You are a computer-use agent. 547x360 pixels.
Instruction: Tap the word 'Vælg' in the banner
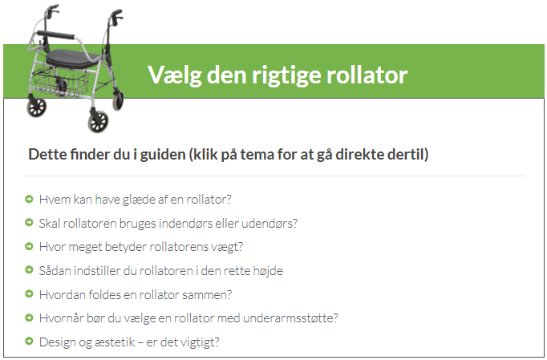175,75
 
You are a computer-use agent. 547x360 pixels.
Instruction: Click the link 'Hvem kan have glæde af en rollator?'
135,199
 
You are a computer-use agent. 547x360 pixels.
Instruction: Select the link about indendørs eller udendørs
168,223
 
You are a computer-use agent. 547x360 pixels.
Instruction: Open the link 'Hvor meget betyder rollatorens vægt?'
141,247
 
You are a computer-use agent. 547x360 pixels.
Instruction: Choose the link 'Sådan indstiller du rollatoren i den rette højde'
161,271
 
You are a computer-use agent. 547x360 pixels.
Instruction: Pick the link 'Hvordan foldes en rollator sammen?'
136,294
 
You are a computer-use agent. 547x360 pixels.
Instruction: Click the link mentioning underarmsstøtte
188,318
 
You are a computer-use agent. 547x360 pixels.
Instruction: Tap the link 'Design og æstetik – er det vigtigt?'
129,342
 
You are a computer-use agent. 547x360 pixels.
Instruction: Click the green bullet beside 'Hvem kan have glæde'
29,199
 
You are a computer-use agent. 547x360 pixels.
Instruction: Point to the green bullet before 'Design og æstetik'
29,342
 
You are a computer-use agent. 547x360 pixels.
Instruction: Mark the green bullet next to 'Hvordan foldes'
29,293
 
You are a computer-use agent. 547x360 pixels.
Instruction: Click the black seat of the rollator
72,59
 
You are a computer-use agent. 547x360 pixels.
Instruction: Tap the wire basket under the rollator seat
60,82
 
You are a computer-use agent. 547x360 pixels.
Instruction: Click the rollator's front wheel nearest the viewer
98,122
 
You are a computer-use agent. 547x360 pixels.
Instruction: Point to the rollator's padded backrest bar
56,35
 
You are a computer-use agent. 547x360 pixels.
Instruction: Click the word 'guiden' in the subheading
163,155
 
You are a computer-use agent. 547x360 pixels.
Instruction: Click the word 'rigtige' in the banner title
286,75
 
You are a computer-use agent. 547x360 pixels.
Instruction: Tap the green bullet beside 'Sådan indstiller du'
29,270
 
